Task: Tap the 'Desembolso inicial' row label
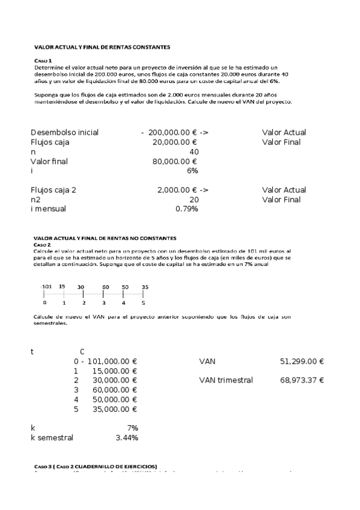pyautogui.click(x=64, y=132)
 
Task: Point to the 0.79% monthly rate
pyautogui.click(x=186, y=209)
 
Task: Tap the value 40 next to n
pyautogui.click(x=194, y=152)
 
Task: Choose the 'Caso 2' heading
pyautogui.click(x=43, y=245)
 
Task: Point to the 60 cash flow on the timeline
pyautogui.click(x=105, y=287)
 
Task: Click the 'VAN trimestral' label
pyautogui.click(x=225, y=381)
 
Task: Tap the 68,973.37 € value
pyautogui.click(x=302, y=381)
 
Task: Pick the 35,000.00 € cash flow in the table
pyautogui.click(x=115, y=410)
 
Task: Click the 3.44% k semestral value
pyautogui.click(x=126, y=438)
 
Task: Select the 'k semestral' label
pyautogui.click(x=52, y=438)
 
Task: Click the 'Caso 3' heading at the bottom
pyautogui.click(x=43, y=466)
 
